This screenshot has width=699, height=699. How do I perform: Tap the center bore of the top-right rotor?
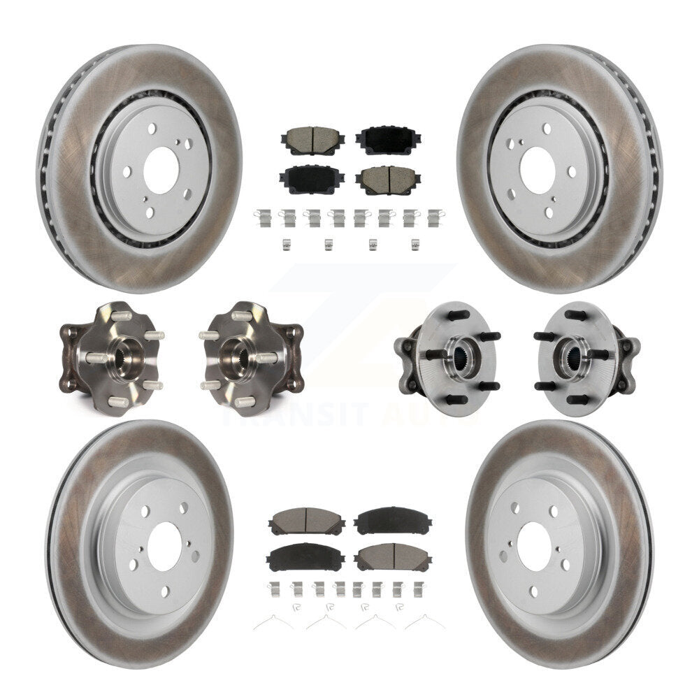tap(538, 168)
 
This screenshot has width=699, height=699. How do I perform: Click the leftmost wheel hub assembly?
tap(112, 357)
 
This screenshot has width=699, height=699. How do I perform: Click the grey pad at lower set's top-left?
tap(306, 521)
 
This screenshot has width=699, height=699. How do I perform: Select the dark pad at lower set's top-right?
tap(392, 521)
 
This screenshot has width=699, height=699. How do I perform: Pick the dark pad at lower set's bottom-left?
tap(305, 556)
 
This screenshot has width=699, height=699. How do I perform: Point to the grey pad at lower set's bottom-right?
tap(392, 556)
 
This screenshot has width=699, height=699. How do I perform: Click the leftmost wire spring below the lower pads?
tap(273, 621)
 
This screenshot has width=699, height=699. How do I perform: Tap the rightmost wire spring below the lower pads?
tap(424, 621)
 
